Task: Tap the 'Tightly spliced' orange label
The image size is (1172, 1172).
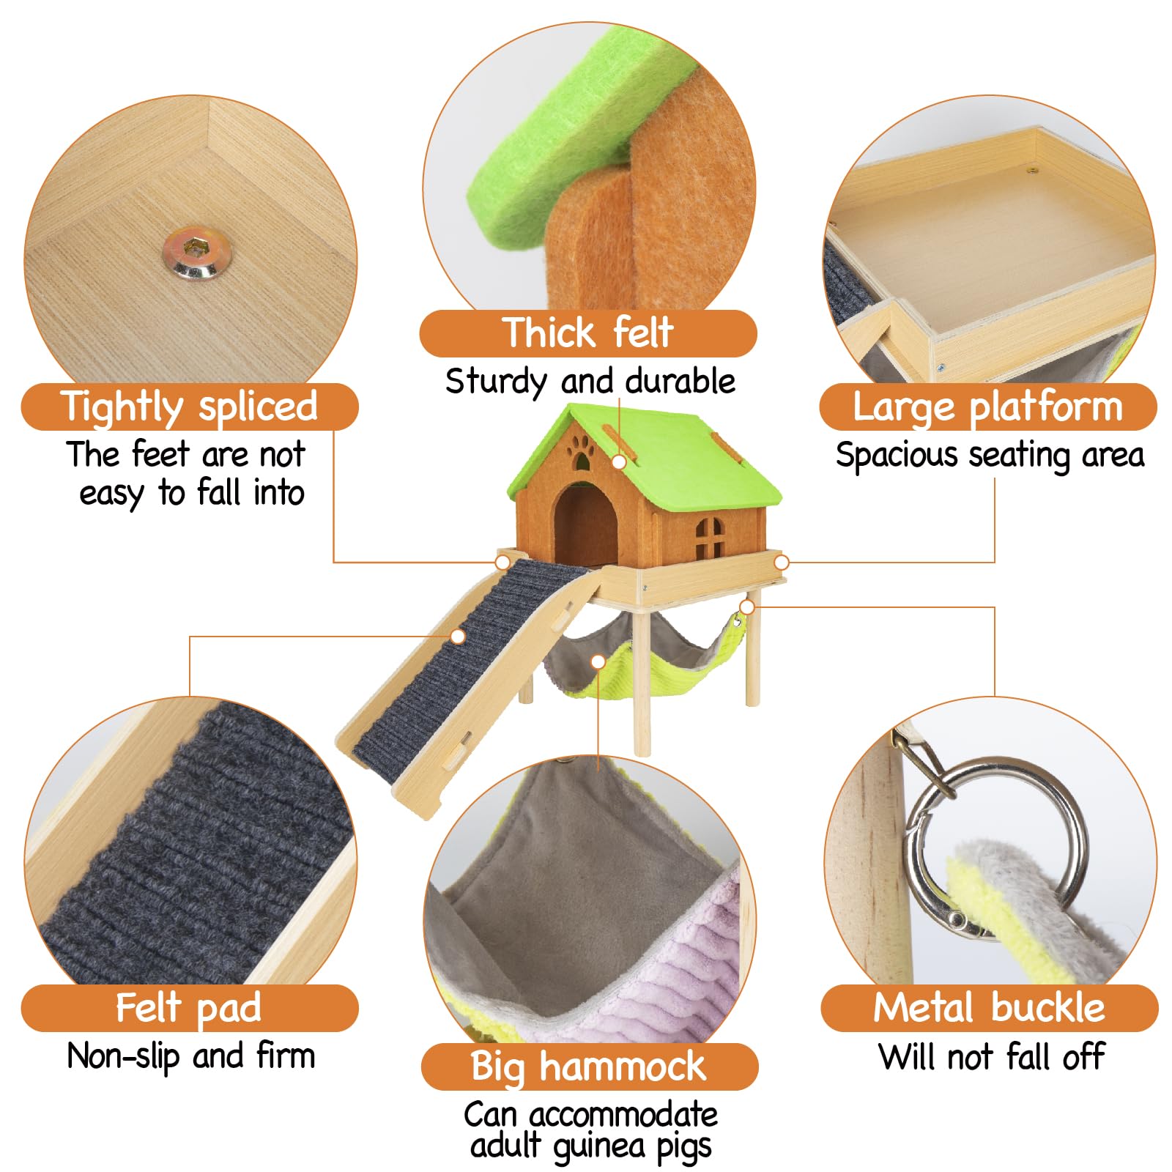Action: pos(190,407)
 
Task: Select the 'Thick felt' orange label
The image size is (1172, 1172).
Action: pos(587,333)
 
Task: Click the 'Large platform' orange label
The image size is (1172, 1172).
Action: pos(988,407)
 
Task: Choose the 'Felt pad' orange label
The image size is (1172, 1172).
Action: pos(190,1008)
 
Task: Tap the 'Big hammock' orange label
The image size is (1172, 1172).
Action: pos(589,1067)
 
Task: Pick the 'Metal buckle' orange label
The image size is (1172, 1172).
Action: pos(989,1008)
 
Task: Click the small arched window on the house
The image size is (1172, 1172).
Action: pos(708,537)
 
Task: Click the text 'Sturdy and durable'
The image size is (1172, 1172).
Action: pos(590,382)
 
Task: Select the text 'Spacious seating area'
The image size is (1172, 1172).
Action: pos(990,455)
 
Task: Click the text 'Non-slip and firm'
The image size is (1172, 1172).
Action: pos(190,1056)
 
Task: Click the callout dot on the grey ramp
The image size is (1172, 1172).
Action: pos(458,636)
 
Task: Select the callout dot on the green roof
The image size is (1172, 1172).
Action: pos(619,461)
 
